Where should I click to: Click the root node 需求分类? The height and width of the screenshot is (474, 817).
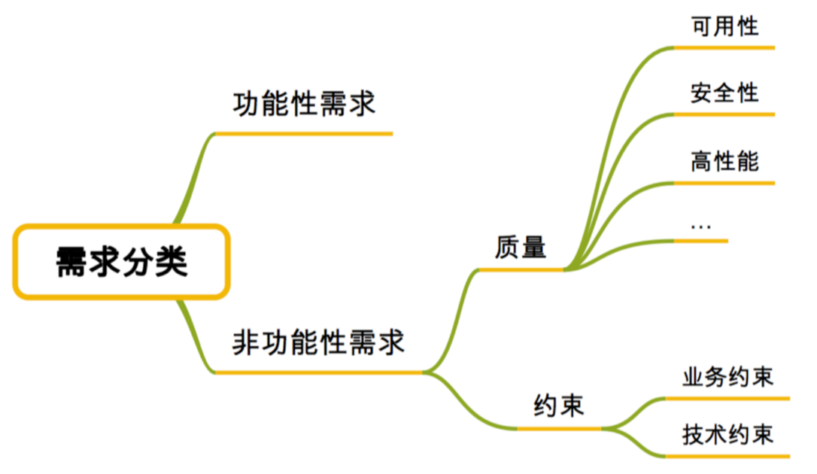[120, 261]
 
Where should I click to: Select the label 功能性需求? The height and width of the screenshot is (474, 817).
[304, 104]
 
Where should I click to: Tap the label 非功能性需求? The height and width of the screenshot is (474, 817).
[318, 342]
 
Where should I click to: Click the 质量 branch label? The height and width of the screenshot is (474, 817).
[521, 247]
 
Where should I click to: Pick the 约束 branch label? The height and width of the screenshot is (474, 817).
[558, 406]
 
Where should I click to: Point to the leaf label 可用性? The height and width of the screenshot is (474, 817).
[724, 26]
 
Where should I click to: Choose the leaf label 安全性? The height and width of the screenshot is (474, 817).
[724, 93]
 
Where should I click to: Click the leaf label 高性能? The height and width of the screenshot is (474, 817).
[724, 160]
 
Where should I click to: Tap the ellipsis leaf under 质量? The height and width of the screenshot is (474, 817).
[700, 226]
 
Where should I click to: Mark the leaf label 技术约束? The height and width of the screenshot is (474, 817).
[727, 434]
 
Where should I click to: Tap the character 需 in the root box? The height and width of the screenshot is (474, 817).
[73, 262]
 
